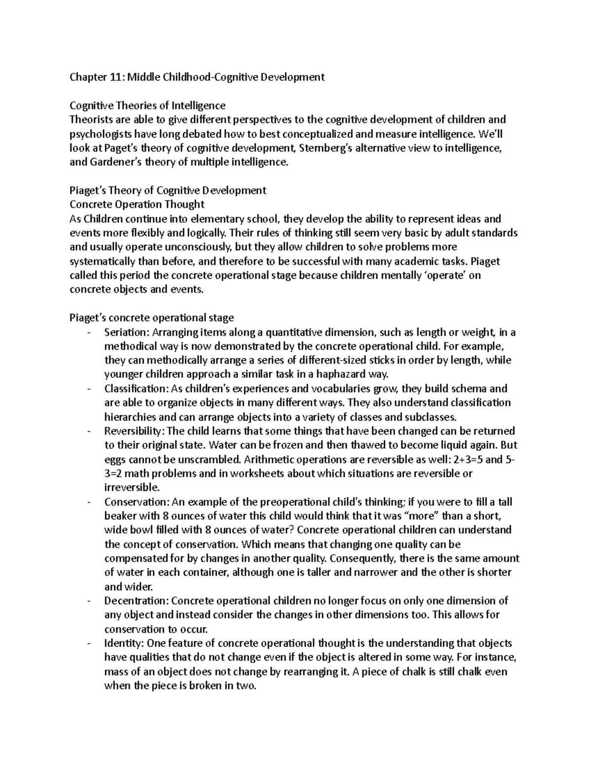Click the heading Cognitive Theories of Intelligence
point(147,105)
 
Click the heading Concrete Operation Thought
point(137,204)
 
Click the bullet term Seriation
point(123,332)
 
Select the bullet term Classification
point(133,389)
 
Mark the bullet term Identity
point(121,643)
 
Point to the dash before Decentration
point(89,601)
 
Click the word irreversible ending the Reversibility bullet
point(132,488)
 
